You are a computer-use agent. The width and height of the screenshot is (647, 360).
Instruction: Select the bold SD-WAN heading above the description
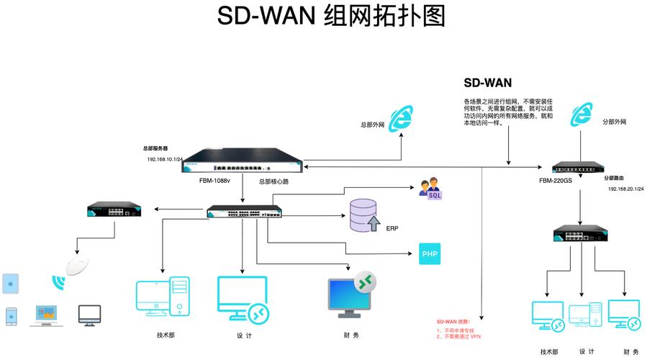pos(487,83)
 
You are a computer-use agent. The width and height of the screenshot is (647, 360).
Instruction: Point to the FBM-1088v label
pos(214,181)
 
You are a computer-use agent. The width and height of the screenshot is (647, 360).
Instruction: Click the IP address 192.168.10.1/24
pos(165,159)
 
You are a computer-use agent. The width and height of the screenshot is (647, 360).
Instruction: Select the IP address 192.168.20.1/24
pos(625,189)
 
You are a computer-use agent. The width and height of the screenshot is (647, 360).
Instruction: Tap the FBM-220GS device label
pos(556,181)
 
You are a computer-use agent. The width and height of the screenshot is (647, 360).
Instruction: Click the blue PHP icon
pos(429,254)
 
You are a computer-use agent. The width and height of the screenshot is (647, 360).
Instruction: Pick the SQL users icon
pos(431,190)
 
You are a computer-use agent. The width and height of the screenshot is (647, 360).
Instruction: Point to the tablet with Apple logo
pos(11,284)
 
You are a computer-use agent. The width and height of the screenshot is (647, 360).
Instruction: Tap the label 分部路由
pos(617,177)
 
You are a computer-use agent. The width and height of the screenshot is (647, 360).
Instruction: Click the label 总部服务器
pos(155,148)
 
